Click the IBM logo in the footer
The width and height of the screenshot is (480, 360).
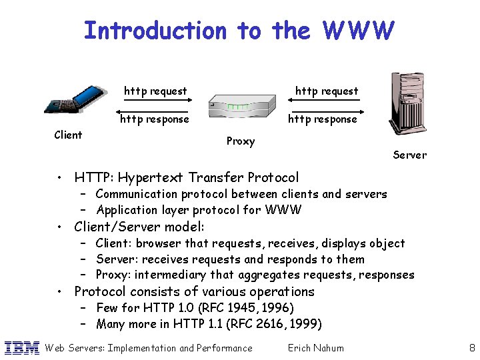21,347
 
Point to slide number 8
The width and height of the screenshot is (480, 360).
471,347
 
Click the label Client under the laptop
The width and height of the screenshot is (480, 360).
68,135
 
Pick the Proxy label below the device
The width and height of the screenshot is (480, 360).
241,141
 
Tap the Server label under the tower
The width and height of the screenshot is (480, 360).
409,155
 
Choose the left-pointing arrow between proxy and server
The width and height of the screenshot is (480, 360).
324,109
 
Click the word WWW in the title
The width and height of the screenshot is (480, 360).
358,31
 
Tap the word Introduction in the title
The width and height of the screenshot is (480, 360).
155,31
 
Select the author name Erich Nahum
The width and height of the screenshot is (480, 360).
315,348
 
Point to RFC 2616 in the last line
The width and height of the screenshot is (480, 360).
265,325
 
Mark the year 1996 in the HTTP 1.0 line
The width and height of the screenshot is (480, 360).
279,308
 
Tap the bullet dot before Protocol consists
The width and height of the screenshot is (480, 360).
60,292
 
